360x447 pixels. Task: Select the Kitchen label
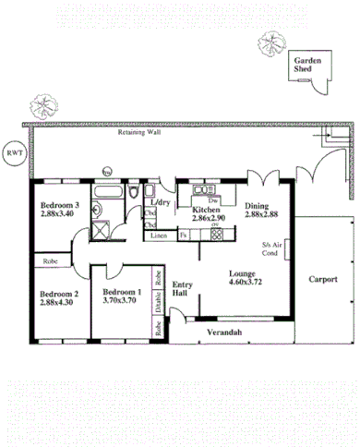click(206, 210)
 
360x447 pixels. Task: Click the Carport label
click(323, 278)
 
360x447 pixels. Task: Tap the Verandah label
click(223, 330)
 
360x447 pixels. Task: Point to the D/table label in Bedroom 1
click(159, 301)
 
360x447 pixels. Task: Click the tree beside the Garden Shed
click(271, 42)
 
